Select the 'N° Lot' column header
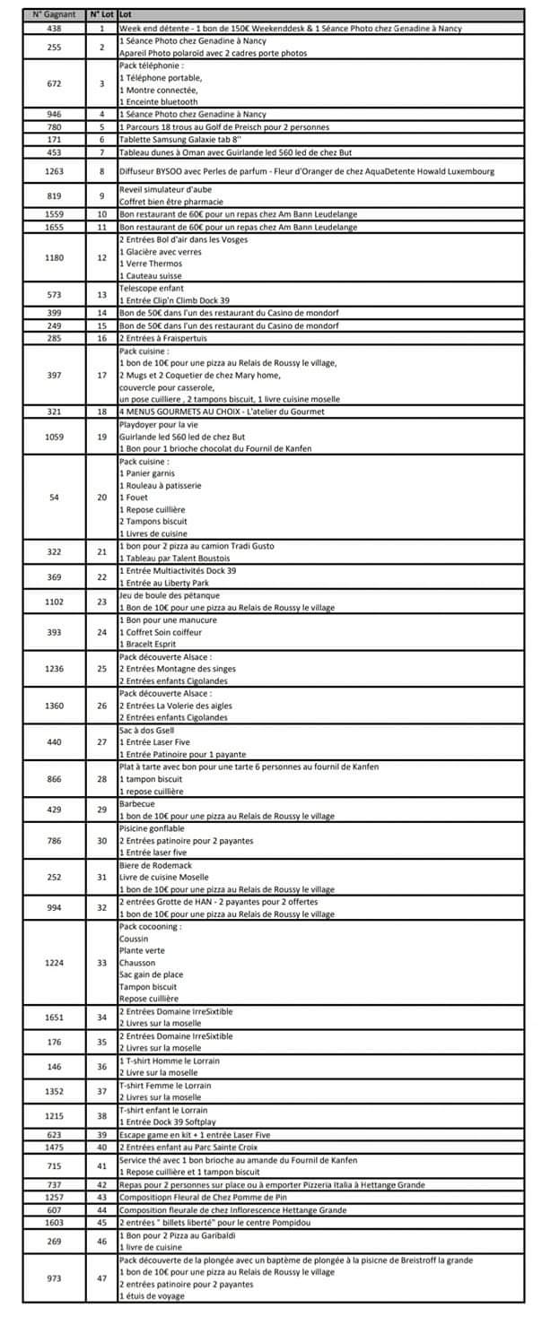101,15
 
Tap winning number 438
55,29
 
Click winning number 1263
55,171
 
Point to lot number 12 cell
101,258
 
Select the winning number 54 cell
55,498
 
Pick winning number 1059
55,437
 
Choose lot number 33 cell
101,963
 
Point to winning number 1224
55,963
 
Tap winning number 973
55,1278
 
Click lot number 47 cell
101,1278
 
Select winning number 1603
55,1221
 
